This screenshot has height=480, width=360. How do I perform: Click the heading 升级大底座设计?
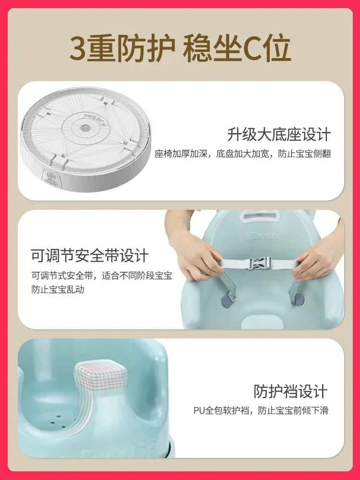[x=278, y=134]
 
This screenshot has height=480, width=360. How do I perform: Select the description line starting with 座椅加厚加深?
[x=242, y=154]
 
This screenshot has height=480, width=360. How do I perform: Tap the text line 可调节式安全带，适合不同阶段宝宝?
[x=102, y=276]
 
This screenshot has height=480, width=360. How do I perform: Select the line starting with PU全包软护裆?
[x=261, y=410]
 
